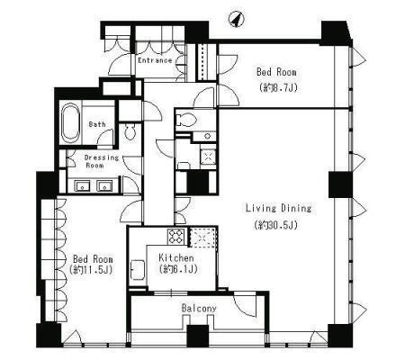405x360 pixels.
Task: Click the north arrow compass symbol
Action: pos(237,19)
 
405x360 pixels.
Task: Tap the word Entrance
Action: pos(155,60)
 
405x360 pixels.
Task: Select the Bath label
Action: pos(97,124)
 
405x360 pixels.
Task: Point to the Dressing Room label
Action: pos(102,161)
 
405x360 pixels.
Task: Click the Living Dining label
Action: pos(278,208)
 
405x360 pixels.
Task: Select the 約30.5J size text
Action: pos(276,225)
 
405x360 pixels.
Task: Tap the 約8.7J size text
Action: pos(278,87)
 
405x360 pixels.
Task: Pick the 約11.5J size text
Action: pos(91,270)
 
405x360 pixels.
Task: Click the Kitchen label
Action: pos(176,257)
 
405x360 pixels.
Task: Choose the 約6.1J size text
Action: pos(178,269)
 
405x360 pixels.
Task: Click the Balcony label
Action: pos(199,309)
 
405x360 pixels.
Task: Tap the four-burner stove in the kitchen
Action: pos(176,237)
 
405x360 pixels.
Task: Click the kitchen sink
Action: pos(138,270)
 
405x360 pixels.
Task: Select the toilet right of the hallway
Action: pos(187,120)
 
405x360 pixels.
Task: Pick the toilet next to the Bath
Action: pos(130,131)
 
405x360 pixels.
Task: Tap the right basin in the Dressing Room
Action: pos(104,185)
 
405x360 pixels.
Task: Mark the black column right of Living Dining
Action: pos(340,184)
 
